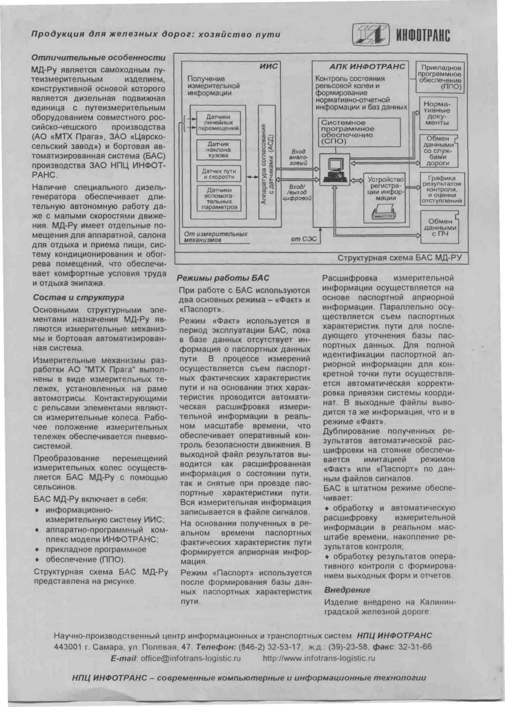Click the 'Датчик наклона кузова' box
[x=219, y=150]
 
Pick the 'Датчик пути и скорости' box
[x=219, y=174]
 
